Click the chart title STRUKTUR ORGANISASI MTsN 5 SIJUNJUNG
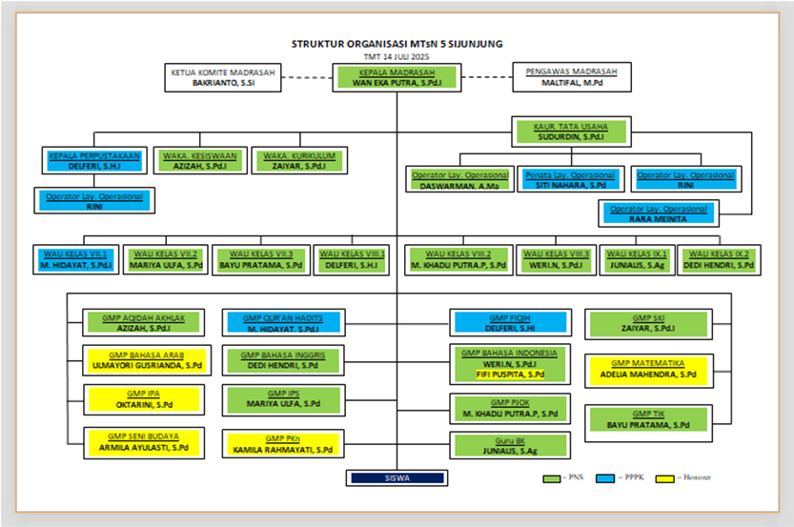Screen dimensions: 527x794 [x=397, y=44]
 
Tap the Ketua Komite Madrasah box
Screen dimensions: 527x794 [x=223, y=77]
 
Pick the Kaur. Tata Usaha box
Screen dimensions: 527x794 [x=572, y=132]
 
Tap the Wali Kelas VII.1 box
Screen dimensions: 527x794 [x=77, y=259]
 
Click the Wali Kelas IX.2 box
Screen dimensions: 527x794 [x=719, y=259]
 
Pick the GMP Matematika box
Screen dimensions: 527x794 [x=648, y=369]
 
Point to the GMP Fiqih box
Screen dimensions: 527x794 [x=508, y=323]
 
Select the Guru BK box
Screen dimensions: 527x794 [x=508, y=445]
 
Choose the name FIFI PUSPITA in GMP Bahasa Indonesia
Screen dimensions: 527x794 [x=510, y=375]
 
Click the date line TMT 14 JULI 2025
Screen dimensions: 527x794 [x=397, y=57]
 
